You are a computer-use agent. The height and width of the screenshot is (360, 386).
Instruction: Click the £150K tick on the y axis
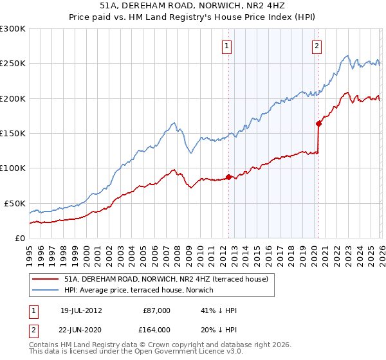click(12, 134)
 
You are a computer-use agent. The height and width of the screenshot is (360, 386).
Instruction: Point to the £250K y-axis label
click(12, 64)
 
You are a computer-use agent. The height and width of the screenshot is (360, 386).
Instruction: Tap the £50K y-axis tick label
click(15, 203)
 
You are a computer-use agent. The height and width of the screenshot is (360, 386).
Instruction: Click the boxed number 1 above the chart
click(228, 46)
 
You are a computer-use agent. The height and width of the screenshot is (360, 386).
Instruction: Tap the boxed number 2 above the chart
click(317, 46)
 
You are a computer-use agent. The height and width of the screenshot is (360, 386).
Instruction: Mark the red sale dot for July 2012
click(228, 177)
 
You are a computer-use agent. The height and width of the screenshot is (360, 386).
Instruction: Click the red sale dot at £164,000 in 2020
click(318, 123)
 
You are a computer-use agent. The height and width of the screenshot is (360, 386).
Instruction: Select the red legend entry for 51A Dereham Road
click(170, 279)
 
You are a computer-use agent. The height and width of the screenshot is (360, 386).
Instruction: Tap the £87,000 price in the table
click(156, 310)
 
